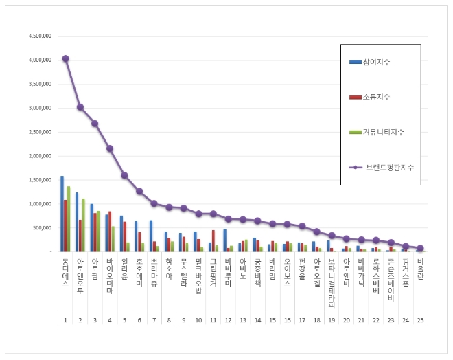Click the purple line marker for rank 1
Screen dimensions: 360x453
tap(66, 58)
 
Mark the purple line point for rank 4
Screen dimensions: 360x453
tap(110, 148)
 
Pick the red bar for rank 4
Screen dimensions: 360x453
tap(110, 232)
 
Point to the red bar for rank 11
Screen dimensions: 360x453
tap(213, 240)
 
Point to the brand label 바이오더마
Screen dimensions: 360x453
tap(110, 273)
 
